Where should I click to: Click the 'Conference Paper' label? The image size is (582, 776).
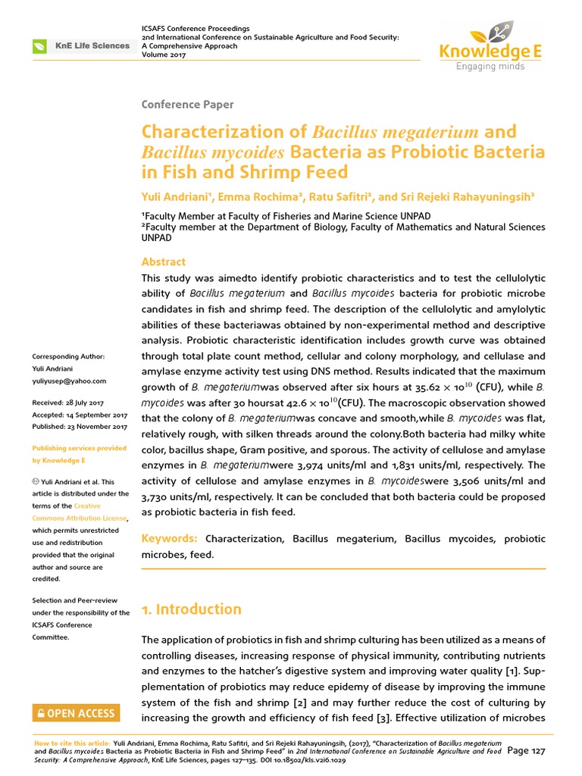[187, 105]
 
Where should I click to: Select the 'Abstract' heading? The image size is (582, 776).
[164, 261]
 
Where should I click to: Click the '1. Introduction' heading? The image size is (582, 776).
[192, 609]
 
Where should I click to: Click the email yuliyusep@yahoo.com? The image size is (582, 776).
[69, 381]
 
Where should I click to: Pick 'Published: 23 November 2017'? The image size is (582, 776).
[79, 427]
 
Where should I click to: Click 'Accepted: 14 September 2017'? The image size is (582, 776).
[79, 415]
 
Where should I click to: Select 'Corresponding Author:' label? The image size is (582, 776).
[68, 357]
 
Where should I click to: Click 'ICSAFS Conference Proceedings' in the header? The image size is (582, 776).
[196, 28]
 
